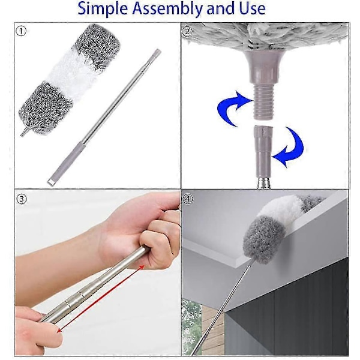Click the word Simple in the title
(103, 9)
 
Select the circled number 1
(22, 31)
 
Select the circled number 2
(187, 31)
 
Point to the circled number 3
(22, 199)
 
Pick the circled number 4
(188, 199)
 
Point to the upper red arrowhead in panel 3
(142, 268)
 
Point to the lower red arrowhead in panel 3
(60, 331)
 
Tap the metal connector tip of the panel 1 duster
(24, 133)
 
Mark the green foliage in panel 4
(191, 326)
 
